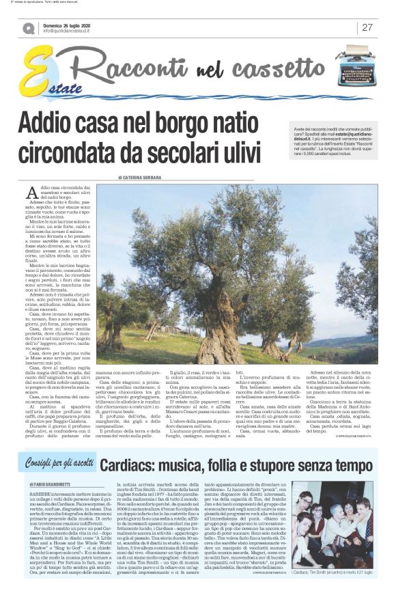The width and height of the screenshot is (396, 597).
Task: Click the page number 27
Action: (x=367, y=27)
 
